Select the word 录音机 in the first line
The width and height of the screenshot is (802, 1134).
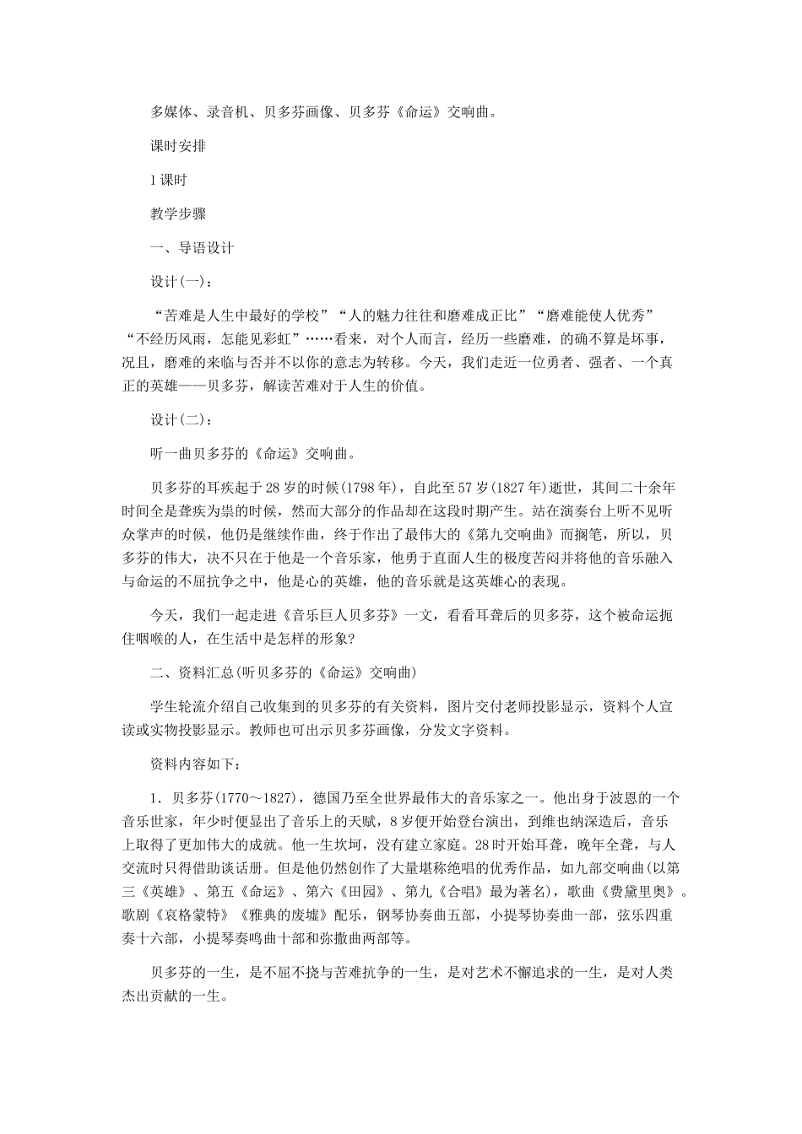coord(228,111)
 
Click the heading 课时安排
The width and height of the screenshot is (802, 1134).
coord(178,145)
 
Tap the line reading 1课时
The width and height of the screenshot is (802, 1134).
coord(168,180)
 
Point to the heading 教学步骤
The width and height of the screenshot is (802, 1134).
coord(178,214)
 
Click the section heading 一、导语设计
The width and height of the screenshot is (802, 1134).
coord(192,248)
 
